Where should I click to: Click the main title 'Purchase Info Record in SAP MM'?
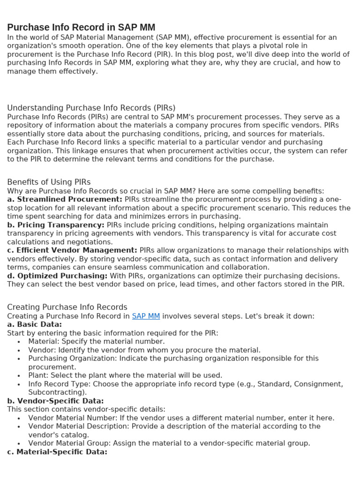pos(81,27)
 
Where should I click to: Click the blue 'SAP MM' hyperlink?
pos(146,316)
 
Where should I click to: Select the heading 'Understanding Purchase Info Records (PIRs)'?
pos(91,108)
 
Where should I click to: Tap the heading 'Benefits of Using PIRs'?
pos(49,182)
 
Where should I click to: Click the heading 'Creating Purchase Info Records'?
pos(67,307)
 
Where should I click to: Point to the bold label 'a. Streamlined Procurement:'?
pos(65,199)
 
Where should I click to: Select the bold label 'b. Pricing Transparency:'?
pos(56,225)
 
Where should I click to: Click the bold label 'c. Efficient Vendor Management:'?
pos(72,250)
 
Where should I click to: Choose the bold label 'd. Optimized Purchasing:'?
pos(57,276)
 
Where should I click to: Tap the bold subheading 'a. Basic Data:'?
pos(34,324)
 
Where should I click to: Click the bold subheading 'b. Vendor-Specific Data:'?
pos(55,401)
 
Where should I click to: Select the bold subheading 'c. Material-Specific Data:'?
pos(57,452)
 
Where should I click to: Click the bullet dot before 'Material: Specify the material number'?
pos(18,342)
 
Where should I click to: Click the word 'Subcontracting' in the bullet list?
pos(56,392)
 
